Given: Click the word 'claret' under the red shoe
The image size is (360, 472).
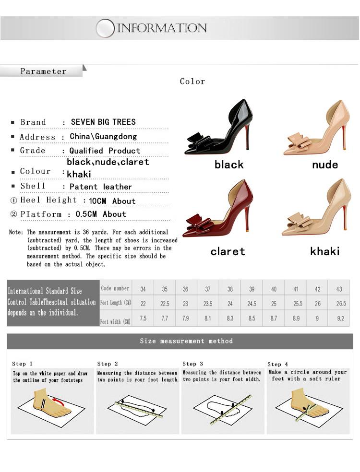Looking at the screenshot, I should (x=228, y=251).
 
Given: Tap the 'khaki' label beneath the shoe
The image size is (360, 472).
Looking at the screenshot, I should (x=324, y=251).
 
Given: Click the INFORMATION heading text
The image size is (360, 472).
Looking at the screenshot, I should (x=162, y=28).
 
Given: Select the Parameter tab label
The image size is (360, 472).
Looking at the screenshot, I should (x=43, y=71).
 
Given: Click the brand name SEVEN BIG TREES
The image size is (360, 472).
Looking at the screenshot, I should (x=103, y=122).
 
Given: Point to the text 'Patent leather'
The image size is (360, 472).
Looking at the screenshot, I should (x=100, y=187).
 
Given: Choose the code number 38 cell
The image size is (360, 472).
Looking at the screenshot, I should (x=230, y=289).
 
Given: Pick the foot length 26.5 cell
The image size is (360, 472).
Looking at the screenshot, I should (x=341, y=304).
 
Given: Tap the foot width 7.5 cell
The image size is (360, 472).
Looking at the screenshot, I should (x=143, y=319).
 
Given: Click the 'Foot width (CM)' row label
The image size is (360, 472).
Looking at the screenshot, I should (x=115, y=321).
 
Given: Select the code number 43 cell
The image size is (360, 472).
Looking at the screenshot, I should (x=340, y=289).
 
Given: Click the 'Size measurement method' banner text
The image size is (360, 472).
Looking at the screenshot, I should (x=186, y=341).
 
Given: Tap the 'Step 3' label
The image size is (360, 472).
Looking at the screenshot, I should (x=192, y=364).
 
